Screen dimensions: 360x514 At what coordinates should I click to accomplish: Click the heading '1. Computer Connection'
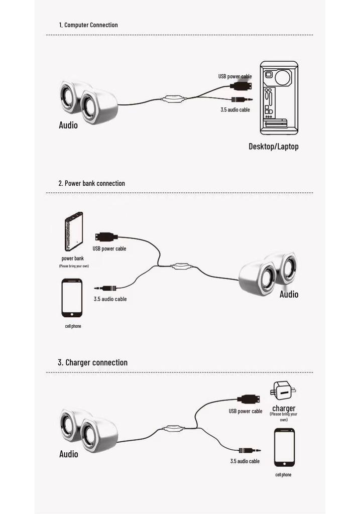[x=88, y=25]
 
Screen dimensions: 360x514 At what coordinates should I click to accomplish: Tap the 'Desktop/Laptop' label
[x=274, y=147]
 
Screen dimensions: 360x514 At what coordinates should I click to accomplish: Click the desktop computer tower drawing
[x=279, y=98]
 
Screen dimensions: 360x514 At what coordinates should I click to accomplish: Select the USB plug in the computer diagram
[x=241, y=86]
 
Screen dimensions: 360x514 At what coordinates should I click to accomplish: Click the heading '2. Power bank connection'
[x=91, y=183]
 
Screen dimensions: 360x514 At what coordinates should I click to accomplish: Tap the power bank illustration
[x=74, y=231]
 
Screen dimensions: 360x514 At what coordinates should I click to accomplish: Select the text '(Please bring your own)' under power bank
[x=74, y=266]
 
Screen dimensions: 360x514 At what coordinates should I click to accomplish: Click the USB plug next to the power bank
[x=106, y=236]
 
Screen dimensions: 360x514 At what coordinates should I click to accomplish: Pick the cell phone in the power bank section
[x=72, y=298]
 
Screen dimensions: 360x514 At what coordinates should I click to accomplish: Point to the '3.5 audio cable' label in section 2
[x=110, y=299]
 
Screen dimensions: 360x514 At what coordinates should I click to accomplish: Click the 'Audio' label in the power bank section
[x=289, y=294]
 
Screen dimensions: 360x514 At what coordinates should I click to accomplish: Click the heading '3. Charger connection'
[x=93, y=362]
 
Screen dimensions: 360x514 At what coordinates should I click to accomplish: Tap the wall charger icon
[x=283, y=391]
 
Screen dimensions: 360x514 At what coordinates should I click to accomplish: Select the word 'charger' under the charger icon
[x=284, y=408]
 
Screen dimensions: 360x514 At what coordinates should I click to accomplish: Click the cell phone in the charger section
[x=284, y=447]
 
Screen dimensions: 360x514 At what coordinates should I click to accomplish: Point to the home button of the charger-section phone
[x=284, y=464]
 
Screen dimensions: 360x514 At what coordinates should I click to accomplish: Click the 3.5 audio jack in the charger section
[x=250, y=451]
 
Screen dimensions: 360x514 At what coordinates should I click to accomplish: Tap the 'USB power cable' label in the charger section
[x=246, y=411]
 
